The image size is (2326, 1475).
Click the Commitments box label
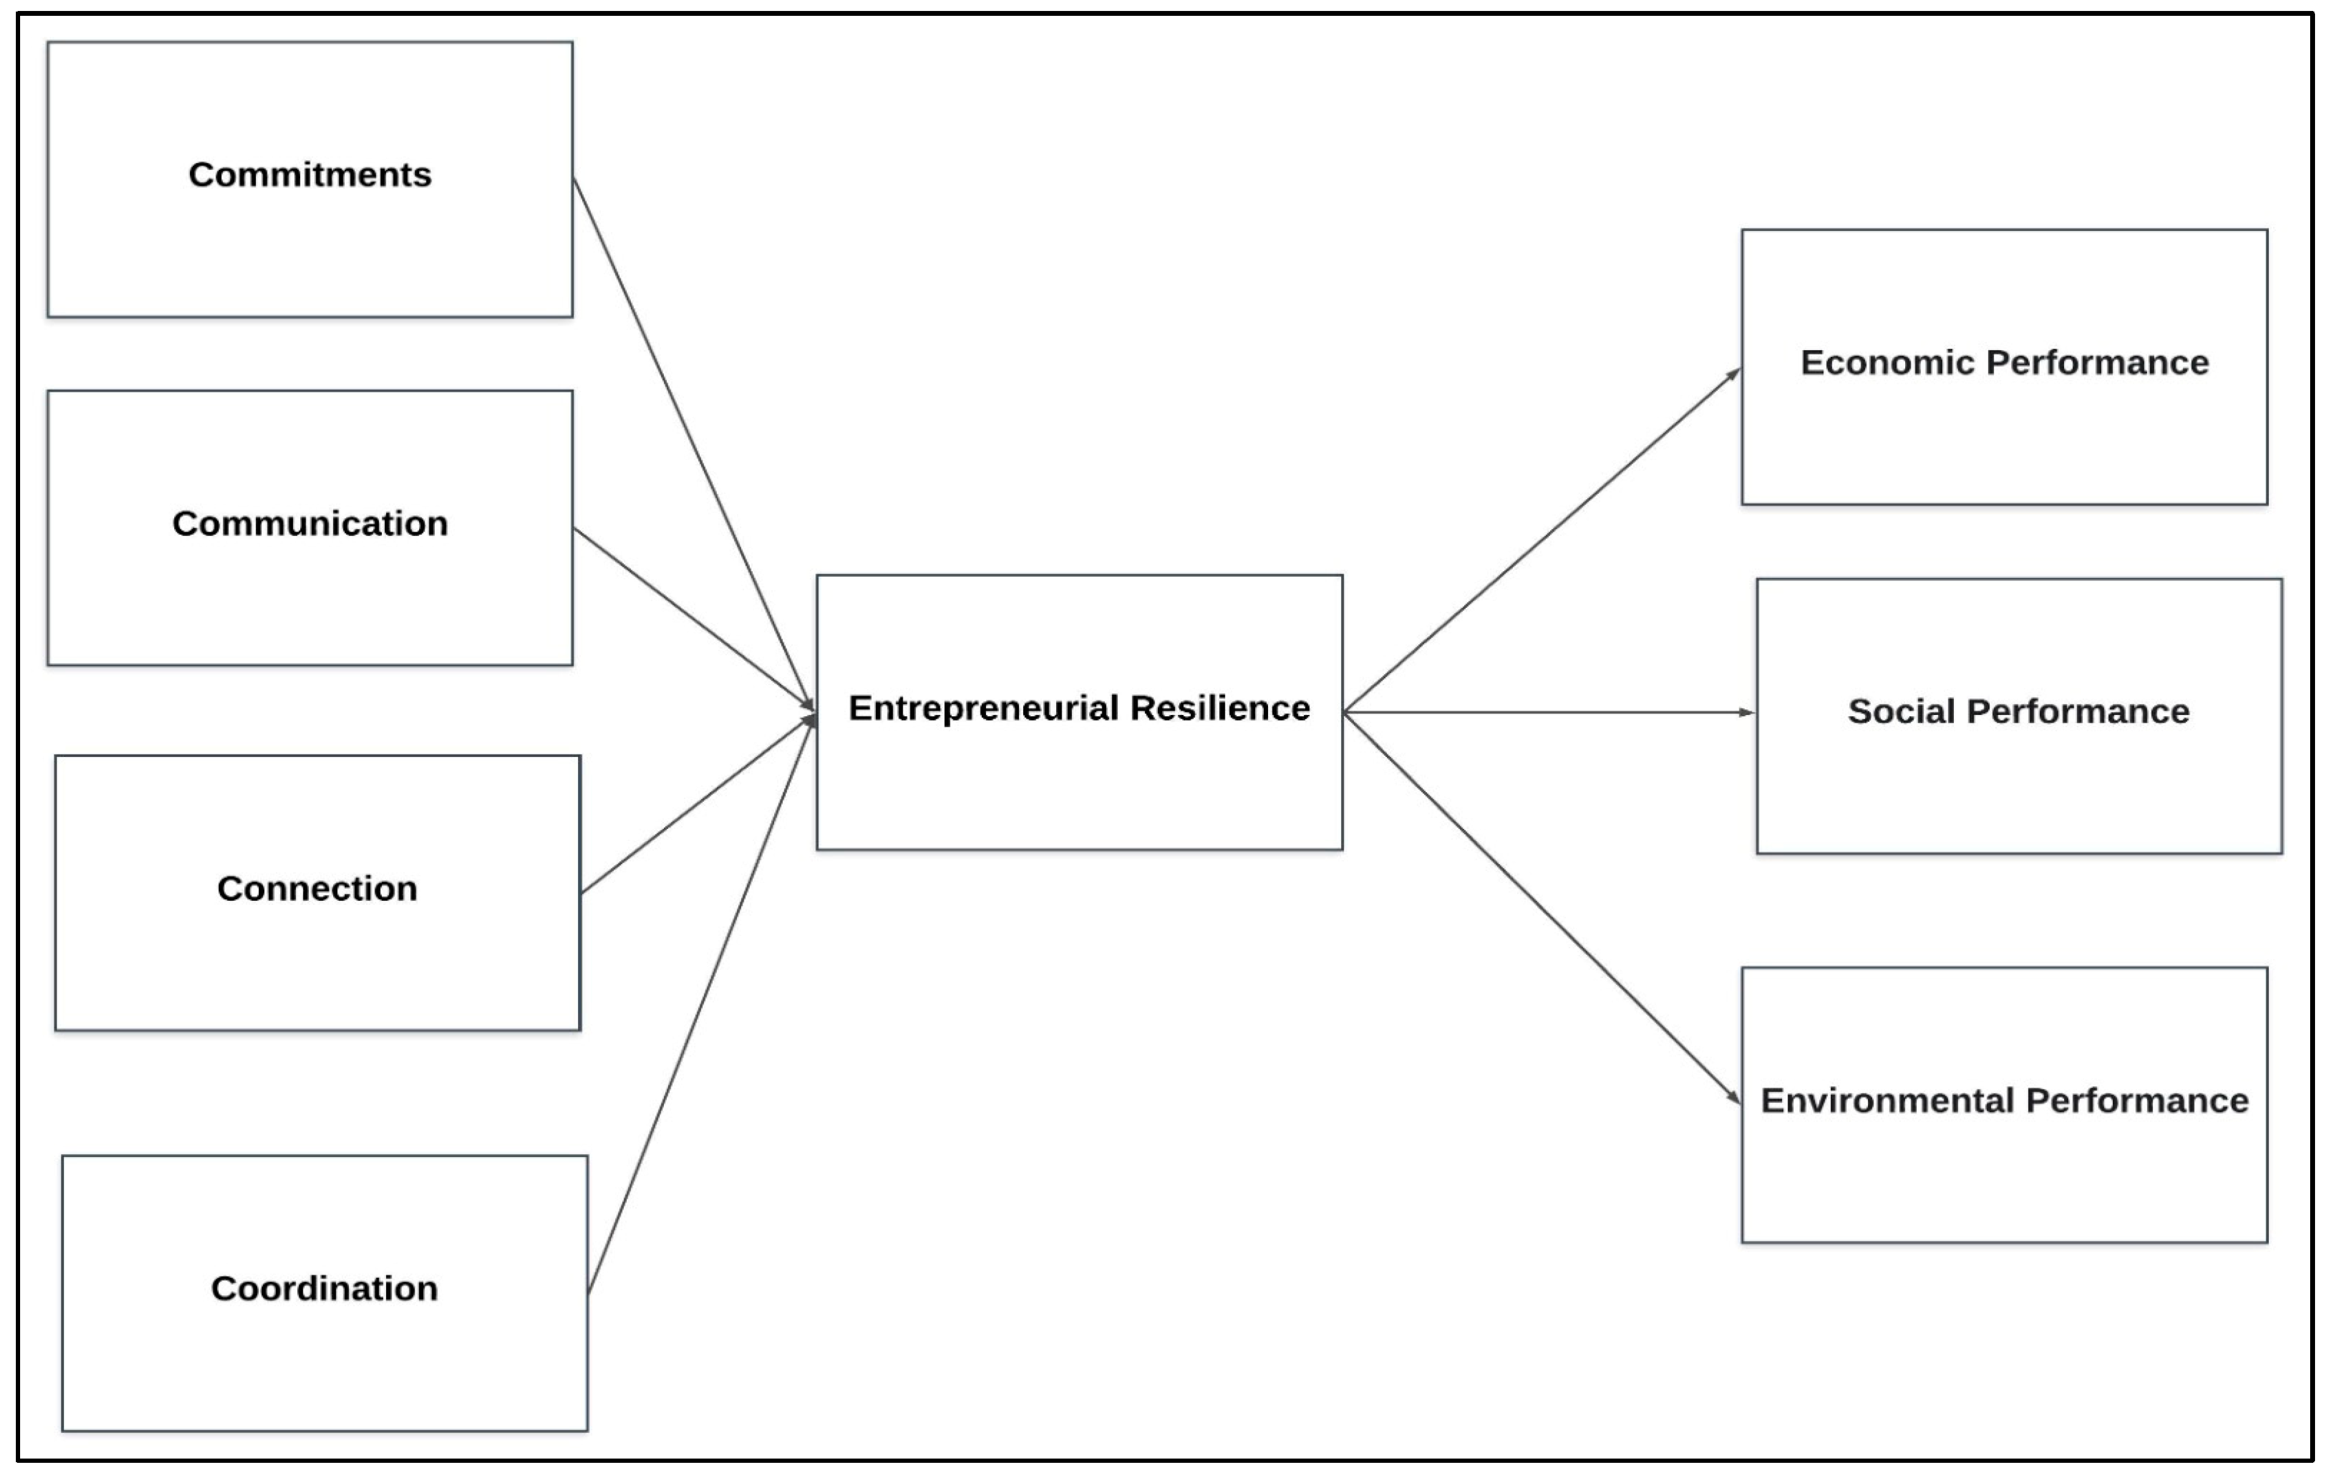309,175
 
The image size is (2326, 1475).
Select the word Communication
309,524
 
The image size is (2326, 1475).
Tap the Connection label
317,889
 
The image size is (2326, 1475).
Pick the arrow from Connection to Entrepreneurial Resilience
696,806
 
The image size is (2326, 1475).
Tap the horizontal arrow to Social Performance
1546,713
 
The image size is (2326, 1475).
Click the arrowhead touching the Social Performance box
1746,713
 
